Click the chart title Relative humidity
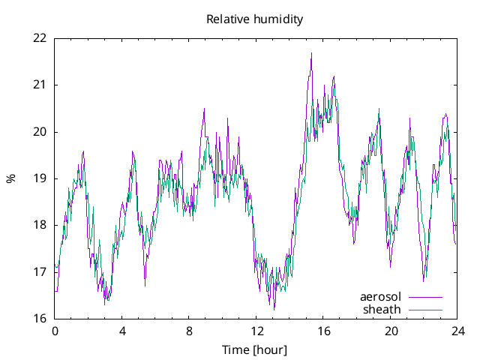pos(255,19)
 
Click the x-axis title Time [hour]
pos(255,350)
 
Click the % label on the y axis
pos(10,178)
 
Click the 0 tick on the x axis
pos(55,331)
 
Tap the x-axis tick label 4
pos(122,331)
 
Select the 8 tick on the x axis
pos(189,331)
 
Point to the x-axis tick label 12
pos(256,331)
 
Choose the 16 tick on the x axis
pos(323,331)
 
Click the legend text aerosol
pos(381,297)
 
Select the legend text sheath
pos(382,309)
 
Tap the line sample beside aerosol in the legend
pos(425,297)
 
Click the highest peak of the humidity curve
pos(311,53)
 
